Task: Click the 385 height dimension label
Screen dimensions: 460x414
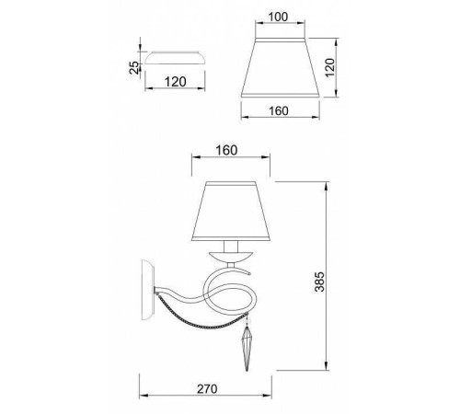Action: coord(319,282)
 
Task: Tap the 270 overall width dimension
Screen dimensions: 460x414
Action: coord(207,388)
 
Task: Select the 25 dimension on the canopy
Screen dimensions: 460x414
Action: coord(133,67)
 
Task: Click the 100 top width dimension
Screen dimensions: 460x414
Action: coord(278,17)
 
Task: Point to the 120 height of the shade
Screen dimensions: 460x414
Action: coord(329,68)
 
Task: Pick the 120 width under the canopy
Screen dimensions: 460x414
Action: coord(175,82)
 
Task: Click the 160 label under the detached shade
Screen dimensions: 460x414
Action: coord(279,110)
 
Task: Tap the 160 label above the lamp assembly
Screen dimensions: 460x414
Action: coord(226,150)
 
